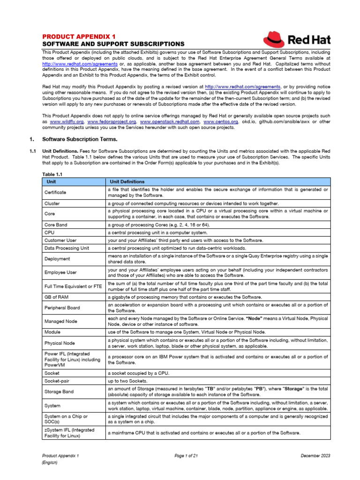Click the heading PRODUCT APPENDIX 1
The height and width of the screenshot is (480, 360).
79,36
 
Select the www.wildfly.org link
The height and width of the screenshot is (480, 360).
67,122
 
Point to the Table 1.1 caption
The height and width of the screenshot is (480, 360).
52,174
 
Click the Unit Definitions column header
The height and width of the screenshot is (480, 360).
127,181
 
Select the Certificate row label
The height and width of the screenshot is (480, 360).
55,193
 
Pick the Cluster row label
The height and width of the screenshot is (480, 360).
52,204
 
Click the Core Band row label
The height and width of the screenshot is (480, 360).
56,225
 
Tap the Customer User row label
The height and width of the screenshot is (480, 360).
60,240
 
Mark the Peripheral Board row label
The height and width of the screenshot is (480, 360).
62,308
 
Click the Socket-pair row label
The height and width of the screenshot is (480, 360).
57,381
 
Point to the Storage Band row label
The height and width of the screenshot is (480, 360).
59,392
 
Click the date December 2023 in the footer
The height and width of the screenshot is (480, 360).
316,456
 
